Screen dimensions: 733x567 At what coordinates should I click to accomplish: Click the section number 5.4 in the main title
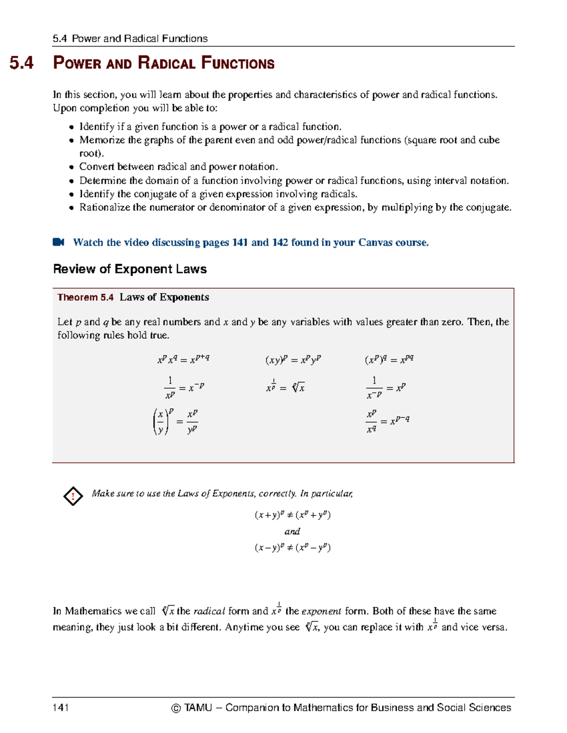22,63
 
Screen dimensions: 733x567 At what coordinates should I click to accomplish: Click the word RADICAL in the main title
166,63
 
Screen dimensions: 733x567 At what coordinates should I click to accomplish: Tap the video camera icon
59,242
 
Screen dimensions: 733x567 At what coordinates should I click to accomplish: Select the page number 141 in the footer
61,707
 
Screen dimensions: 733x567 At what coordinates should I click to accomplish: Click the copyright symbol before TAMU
176,708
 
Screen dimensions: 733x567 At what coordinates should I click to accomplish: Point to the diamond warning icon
73,496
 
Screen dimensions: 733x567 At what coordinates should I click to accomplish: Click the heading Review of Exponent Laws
130,269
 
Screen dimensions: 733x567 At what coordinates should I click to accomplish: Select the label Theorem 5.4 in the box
85,297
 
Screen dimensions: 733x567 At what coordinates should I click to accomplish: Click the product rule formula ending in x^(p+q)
183,359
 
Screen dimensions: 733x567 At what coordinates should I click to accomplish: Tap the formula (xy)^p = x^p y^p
293,360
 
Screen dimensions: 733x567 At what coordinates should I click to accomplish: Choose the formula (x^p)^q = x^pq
389,360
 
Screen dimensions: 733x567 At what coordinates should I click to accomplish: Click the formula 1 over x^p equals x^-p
183,388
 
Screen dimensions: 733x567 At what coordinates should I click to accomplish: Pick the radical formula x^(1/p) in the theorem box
285,388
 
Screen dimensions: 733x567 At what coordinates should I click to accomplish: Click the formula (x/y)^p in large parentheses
175,421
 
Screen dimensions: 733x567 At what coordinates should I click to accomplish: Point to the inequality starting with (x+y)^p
292,515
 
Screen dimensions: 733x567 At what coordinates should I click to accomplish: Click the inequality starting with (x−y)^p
292,548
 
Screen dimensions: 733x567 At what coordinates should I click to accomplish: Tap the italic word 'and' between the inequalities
292,531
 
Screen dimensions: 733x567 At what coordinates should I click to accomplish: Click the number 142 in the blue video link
280,243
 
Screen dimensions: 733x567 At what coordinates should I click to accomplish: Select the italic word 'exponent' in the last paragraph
321,611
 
